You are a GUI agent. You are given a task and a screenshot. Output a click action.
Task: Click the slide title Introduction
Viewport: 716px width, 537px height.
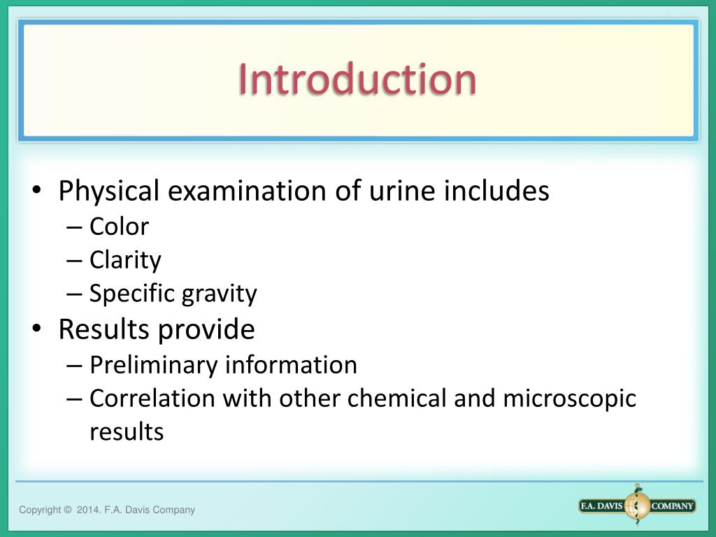click(357, 79)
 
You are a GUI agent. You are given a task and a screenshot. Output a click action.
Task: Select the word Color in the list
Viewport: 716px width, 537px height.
click(119, 227)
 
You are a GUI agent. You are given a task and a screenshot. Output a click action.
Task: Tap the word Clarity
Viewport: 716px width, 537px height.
click(125, 260)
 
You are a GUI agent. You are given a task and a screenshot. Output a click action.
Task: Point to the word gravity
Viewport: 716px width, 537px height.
click(220, 294)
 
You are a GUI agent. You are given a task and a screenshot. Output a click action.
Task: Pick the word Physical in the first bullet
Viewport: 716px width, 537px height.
click(110, 191)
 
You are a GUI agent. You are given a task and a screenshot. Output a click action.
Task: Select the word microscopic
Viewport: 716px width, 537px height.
click(569, 399)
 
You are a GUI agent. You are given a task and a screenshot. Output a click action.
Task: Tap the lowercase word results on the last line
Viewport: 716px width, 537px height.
click(127, 432)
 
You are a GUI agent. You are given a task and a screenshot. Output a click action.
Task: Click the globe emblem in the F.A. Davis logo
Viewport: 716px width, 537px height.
click(637, 506)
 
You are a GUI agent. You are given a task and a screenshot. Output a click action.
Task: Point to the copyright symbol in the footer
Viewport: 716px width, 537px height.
click(67, 510)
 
